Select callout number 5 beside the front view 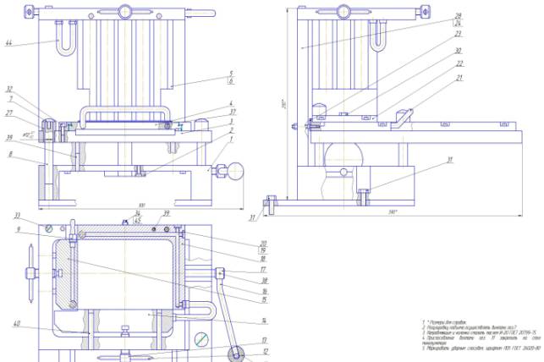coord(230,74)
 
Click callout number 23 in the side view coord(458,34)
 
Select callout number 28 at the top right coord(458,15)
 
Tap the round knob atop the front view coord(124,12)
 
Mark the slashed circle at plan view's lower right coord(201,339)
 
